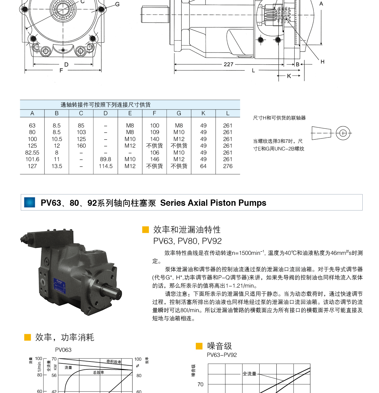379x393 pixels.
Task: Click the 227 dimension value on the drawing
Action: [229, 64]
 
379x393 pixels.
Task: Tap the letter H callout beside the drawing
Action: [322, 62]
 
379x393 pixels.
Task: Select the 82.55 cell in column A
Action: [32, 153]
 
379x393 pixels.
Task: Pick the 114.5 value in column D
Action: [105, 166]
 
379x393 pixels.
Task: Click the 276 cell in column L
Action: [228, 166]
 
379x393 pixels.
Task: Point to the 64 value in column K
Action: [203, 166]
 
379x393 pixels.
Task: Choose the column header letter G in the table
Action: [179, 113]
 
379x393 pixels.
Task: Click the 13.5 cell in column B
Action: [57, 166]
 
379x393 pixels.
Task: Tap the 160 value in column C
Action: [81, 146]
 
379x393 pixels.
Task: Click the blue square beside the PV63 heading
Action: [30, 202]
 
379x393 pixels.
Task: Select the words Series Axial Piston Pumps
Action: [213, 203]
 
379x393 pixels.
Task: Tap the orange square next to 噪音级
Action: [199, 346]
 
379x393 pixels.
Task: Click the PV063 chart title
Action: [63, 350]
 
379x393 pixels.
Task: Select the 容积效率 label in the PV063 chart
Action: [114, 362]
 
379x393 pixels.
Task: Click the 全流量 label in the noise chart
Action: [249, 374]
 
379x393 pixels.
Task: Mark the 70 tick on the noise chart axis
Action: [201, 385]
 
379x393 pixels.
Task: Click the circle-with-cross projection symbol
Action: [343, 133]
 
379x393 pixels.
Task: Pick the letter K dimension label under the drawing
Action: [289, 76]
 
